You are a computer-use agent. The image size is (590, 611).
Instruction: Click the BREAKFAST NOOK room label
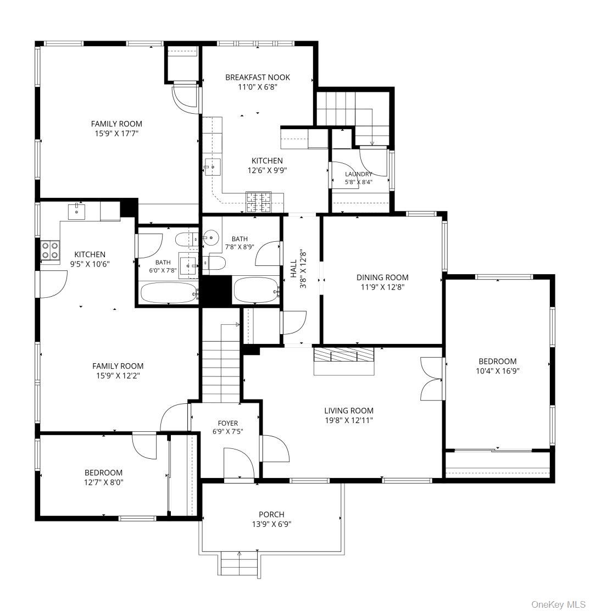coord(258,77)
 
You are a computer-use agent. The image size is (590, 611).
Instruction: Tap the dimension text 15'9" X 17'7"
coord(116,134)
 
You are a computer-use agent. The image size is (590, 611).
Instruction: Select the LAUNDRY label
coord(359,174)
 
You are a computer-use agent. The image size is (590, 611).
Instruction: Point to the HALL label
coord(293,269)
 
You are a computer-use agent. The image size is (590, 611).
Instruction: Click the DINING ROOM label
coord(382,277)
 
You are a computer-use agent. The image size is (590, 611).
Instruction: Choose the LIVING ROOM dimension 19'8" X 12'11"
coord(349,420)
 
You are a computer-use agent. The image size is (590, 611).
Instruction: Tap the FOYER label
coord(228,423)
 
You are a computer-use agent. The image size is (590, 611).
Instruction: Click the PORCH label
coord(271,514)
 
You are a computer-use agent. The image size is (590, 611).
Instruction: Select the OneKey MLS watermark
coord(558,604)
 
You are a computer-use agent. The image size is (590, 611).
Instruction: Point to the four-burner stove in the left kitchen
coord(51,250)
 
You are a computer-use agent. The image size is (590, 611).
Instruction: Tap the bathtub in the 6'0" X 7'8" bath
coord(169,293)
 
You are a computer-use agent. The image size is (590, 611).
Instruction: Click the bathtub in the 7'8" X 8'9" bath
coord(257,290)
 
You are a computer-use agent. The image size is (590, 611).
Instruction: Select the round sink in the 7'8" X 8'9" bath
coord(210,237)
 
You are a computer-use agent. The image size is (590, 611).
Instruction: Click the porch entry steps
coord(239,563)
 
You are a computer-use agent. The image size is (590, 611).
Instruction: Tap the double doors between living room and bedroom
coord(432,379)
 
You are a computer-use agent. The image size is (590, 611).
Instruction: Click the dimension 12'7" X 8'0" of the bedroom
coord(104,482)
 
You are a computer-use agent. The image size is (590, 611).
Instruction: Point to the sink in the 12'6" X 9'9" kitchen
coord(213,167)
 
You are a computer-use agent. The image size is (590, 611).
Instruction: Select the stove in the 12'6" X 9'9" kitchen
coord(258,203)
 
